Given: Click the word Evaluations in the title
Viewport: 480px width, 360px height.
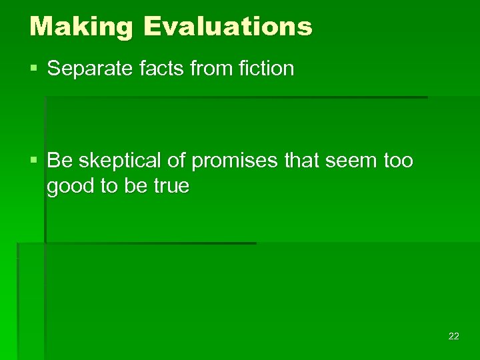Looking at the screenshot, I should point(227,27).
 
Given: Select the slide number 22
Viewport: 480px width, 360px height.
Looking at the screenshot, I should point(453,337).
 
